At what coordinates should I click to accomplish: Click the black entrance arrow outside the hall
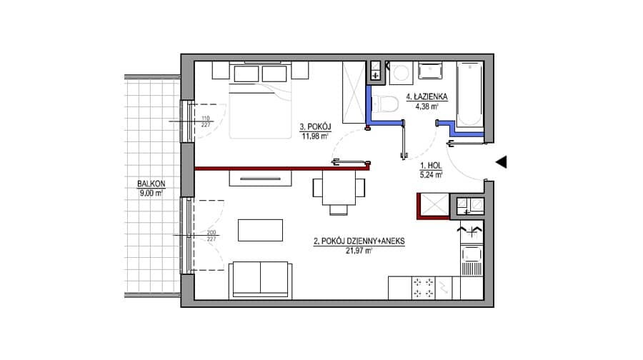(502, 162)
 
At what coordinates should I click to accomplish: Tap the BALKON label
(151, 184)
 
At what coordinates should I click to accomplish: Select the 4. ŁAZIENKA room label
(427, 97)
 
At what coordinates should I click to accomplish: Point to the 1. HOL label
(431, 166)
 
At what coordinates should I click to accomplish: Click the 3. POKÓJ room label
(315, 127)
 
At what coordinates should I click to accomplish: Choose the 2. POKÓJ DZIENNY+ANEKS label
(359, 241)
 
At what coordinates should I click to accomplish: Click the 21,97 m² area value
(359, 251)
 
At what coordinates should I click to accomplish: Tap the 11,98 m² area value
(315, 136)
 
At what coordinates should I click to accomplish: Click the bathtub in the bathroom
(469, 94)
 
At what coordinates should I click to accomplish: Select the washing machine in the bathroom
(400, 74)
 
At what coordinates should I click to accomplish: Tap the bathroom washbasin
(430, 70)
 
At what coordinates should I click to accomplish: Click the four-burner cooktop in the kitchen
(423, 288)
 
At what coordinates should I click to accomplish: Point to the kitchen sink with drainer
(472, 261)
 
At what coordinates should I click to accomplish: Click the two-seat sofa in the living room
(260, 281)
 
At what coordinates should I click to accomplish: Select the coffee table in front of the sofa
(260, 230)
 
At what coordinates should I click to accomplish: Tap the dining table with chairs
(339, 191)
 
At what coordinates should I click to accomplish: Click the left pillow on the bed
(246, 74)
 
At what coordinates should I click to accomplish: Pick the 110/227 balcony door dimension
(206, 121)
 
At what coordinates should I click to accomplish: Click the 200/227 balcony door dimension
(211, 236)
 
